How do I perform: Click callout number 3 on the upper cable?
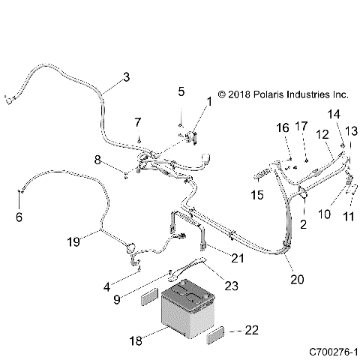point(126,76)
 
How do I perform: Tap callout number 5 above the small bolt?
point(181,91)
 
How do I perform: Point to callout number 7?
point(138,121)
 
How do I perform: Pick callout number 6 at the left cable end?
point(19,217)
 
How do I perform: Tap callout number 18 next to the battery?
point(136,341)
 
